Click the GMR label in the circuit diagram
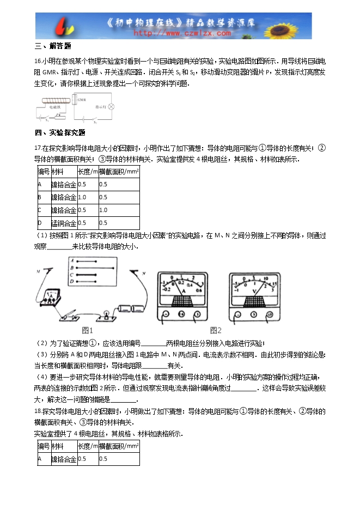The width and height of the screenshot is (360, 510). coord(82,100)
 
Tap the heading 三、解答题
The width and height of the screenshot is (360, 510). coord(53,46)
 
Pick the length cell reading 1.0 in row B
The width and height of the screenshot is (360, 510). coord(83,197)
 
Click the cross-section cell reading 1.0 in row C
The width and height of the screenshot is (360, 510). coord(103,210)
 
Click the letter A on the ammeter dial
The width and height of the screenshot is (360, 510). coord(183,292)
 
